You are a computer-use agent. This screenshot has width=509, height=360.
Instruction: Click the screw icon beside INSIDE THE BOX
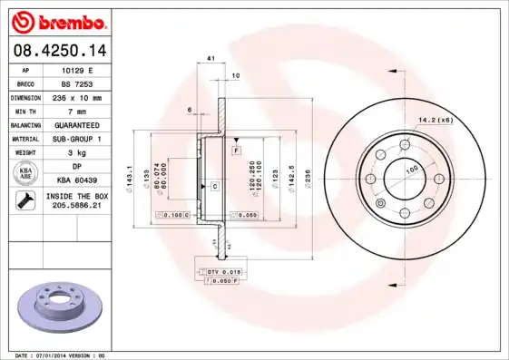[24, 201]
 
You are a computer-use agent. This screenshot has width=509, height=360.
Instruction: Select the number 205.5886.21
[76, 207]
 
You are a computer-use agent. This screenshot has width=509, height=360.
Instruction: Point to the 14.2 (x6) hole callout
[435, 119]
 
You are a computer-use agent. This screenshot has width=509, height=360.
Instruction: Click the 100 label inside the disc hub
[411, 170]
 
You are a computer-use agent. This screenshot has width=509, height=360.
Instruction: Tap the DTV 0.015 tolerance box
[222, 271]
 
